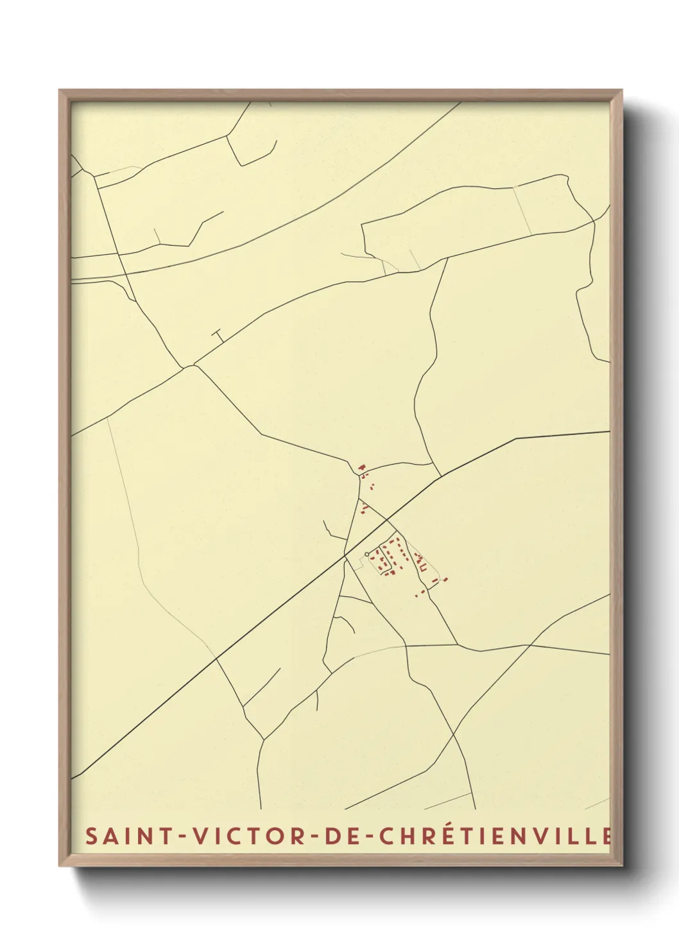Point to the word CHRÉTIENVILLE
click(x=494, y=836)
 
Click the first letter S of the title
click(x=92, y=836)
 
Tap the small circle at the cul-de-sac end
click(x=366, y=554)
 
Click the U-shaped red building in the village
click(x=422, y=567)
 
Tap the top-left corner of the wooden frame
click(x=60, y=91)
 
